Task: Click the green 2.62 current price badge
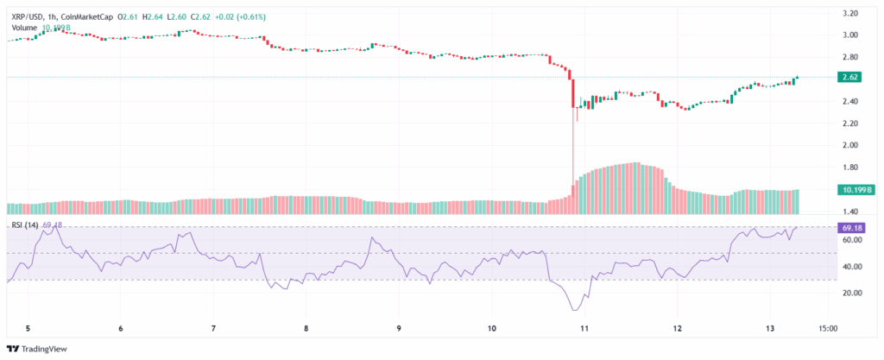pos(849,77)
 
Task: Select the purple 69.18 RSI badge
pos(849,227)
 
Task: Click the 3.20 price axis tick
pos(849,14)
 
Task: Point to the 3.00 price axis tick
pos(849,35)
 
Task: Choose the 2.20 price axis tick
pos(849,123)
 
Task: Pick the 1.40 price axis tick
pos(849,212)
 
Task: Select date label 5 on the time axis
pos(28,328)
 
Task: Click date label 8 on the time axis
pos(306,328)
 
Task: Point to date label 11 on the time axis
pos(584,328)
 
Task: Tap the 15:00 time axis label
pos(827,328)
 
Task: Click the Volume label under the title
pos(25,27)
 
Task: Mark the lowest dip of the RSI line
pos(573,309)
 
